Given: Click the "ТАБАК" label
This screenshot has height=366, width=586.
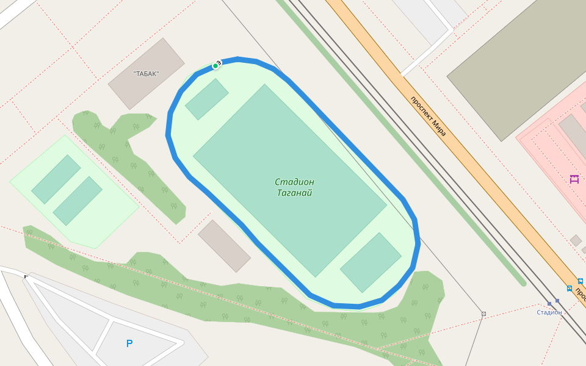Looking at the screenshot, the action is tap(146, 74).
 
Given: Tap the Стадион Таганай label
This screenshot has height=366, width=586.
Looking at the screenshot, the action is tap(294, 187).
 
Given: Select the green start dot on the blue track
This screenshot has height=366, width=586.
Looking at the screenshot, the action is tap(215, 66).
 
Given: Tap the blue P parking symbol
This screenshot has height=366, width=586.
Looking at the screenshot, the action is tap(129, 344).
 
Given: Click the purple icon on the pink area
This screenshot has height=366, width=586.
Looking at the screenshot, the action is tap(574, 179).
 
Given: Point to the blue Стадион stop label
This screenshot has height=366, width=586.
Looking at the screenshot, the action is tap(549, 312).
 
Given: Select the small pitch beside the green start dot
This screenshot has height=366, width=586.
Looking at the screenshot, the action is tap(206, 99).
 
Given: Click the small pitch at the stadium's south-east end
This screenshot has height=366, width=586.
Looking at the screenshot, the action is tap(371, 262).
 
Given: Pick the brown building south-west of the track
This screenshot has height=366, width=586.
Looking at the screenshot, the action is tap(224, 245).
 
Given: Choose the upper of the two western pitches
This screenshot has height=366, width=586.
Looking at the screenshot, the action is tap(56, 179).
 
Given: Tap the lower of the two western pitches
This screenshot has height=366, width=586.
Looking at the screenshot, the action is tap(78, 201).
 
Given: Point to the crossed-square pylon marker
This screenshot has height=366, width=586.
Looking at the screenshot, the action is tap(483, 314).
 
